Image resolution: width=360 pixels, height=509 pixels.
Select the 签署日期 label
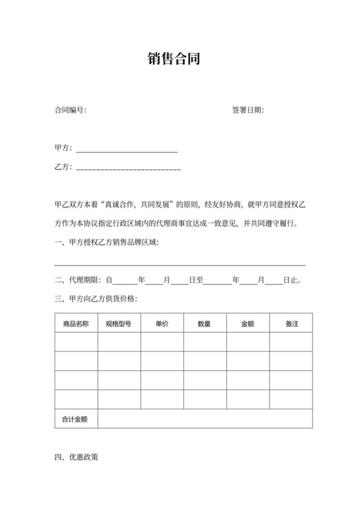coord(247,111)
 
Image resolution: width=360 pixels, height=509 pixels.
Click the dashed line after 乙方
coord(128,169)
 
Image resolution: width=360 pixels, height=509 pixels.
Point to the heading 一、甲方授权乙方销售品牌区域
coord(107,242)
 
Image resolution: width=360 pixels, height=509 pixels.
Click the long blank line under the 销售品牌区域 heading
coord(180,265)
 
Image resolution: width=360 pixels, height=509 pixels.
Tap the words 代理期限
coord(85,280)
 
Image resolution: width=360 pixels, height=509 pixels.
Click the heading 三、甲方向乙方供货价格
coord(96,299)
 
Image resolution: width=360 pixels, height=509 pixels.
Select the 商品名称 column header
coord(76,324)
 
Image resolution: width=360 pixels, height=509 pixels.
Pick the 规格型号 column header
coord(119,324)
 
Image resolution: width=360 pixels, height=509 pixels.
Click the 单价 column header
coord(162,324)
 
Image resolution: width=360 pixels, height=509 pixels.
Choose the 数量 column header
coord(204,324)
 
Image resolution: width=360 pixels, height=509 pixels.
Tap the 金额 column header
coord(248,324)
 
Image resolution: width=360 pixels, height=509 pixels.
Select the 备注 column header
coord(291,324)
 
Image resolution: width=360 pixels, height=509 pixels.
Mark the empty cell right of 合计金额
coord(205,419)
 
